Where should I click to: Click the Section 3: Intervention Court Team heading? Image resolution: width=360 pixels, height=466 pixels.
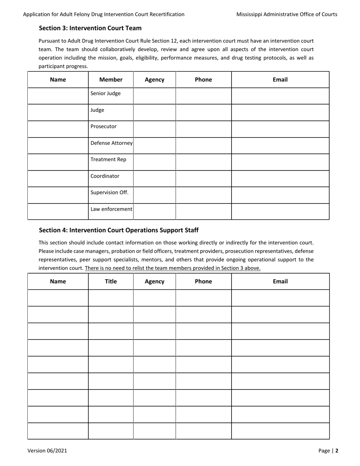[x=90, y=28]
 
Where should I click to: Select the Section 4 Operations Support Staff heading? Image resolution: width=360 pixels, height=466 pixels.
[x=119, y=230]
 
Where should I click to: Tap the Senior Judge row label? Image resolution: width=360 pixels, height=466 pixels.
[x=105, y=94]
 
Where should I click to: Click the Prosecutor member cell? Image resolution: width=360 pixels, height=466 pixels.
[x=103, y=127]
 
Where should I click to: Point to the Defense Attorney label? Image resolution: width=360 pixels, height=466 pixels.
[x=111, y=143]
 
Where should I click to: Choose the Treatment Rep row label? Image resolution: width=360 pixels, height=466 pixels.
[x=108, y=160]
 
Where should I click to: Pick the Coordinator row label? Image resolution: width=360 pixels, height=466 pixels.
[x=105, y=176]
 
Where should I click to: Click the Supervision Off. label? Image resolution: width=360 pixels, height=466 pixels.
[x=110, y=192]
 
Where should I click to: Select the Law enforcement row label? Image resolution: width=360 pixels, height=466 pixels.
[x=111, y=209]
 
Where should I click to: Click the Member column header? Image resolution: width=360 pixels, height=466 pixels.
[x=111, y=80]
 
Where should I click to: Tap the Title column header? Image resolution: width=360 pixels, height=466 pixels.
[x=111, y=281]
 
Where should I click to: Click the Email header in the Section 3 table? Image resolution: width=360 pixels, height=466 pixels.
[x=280, y=80]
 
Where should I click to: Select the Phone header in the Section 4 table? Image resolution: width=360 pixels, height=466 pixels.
[x=203, y=281]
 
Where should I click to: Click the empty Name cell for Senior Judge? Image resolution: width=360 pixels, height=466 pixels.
[x=58, y=96]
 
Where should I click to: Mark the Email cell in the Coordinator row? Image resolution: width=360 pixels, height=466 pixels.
[x=280, y=178]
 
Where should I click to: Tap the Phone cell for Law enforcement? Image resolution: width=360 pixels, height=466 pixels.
[x=203, y=211]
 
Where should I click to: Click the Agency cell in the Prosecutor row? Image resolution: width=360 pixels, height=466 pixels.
[x=154, y=129]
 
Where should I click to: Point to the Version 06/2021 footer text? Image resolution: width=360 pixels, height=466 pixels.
[x=47, y=450]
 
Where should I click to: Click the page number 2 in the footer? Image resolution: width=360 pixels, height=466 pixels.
[x=337, y=450]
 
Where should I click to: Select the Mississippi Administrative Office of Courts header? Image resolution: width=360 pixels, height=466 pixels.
[x=286, y=14]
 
